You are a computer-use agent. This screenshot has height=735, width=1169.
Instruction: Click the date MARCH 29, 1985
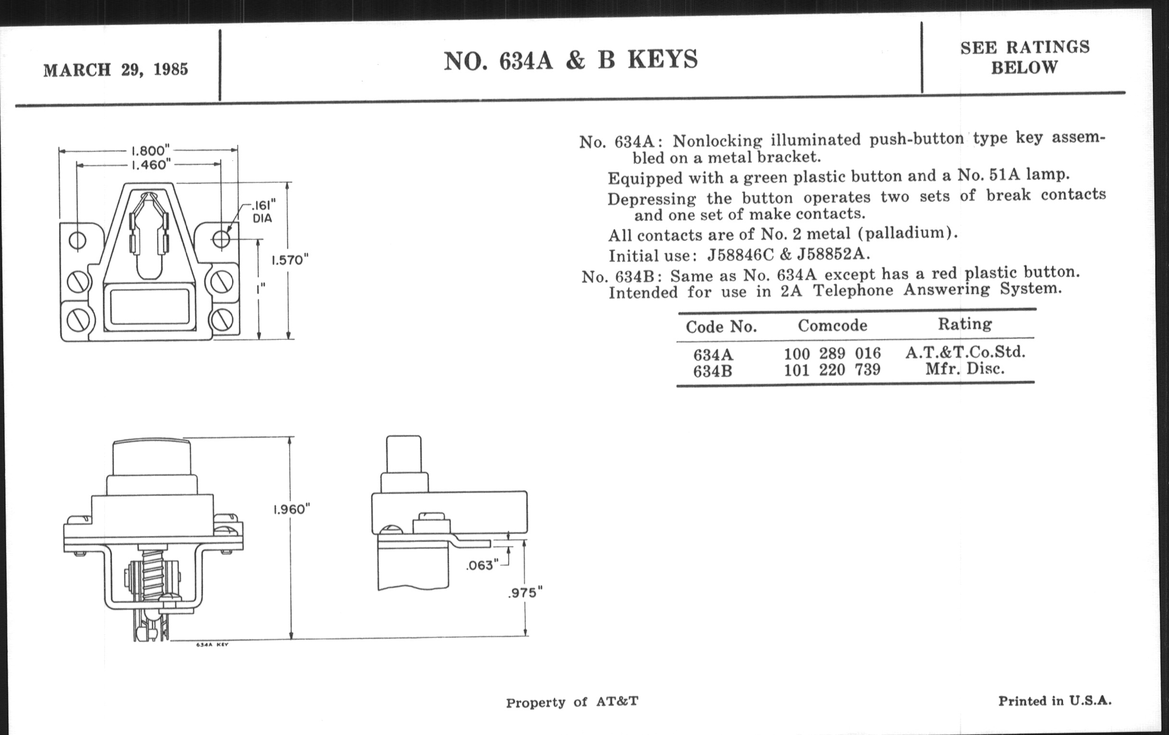coord(115,70)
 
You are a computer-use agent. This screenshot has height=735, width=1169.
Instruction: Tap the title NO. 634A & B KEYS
coord(571,60)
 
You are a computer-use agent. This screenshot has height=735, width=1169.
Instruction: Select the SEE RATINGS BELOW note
coord(1025,57)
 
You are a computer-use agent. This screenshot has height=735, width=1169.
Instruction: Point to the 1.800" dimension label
coord(150,150)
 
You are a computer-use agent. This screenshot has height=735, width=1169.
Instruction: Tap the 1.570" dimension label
coord(290,260)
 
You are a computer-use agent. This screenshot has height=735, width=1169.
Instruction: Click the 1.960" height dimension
coord(291,509)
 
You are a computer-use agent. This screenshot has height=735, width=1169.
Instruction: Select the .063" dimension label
coord(482,565)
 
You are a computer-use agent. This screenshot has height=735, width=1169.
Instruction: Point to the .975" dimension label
coord(525,593)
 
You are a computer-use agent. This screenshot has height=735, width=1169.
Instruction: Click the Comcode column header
coord(833,325)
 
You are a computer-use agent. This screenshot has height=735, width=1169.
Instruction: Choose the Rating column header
coord(965,324)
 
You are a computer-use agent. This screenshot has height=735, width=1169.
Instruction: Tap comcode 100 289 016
coord(833,353)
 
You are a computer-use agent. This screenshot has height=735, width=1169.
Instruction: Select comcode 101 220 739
coord(832,370)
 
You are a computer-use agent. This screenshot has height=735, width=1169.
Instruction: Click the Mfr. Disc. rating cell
coord(965,369)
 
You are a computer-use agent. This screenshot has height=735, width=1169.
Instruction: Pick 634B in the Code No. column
coord(712,372)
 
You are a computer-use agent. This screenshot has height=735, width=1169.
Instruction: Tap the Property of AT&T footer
coord(572,702)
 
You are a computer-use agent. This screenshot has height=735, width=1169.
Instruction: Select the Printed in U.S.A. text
coord(1055,701)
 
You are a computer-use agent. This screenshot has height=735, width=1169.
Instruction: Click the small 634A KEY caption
coord(212,645)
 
